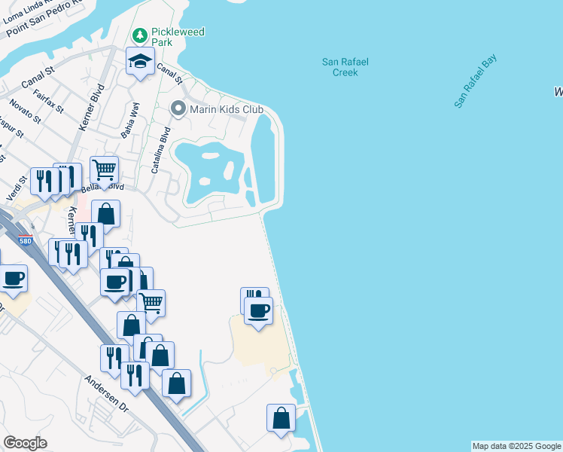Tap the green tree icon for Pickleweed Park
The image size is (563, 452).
point(139,35)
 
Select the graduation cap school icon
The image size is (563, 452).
point(140,62)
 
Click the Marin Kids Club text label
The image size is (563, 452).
point(226,110)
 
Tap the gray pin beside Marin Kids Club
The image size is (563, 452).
point(178,109)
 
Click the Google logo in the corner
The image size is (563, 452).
point(25,443)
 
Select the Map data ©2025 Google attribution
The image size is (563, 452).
point(516,446)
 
